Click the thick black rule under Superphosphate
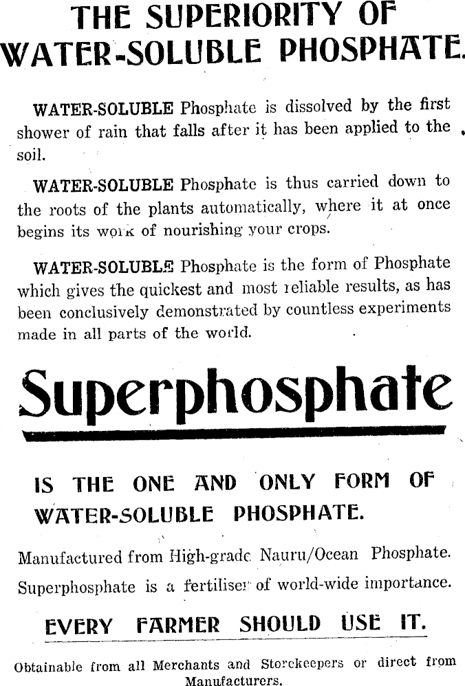[234, 434]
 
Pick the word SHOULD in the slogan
[280, 624]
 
